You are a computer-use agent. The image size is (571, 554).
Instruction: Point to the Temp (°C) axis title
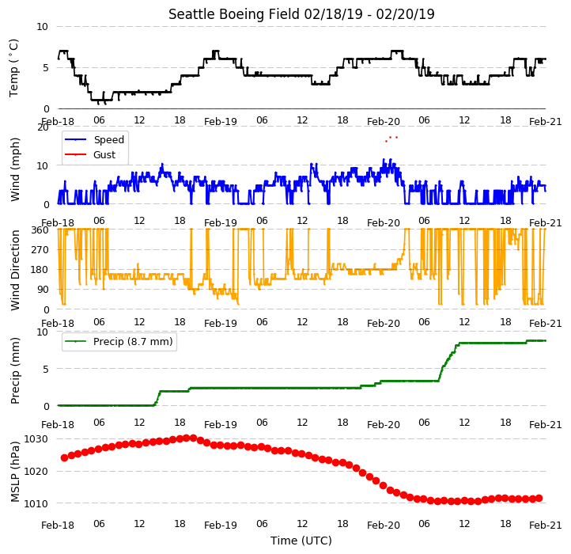13,68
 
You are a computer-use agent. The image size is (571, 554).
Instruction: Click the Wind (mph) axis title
15,169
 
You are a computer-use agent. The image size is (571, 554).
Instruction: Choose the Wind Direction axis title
15,270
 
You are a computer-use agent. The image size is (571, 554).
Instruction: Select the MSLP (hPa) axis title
14,472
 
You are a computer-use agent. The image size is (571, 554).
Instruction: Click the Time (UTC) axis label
301,541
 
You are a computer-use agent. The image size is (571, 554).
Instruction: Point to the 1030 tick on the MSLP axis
36,438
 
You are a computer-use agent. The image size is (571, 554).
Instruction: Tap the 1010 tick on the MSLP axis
36,503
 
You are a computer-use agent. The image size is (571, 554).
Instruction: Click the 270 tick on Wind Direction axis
40,250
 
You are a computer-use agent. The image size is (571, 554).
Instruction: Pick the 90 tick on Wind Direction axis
43,290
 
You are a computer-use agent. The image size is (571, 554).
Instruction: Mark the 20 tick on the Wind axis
43,127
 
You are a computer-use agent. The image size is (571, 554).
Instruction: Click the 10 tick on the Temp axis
42,27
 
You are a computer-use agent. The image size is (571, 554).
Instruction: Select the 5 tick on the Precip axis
46,370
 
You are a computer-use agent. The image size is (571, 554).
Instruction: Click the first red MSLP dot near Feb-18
65,457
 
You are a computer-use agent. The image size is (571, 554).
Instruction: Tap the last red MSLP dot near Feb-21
539,499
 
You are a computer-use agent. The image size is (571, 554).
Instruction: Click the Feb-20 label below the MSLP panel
383,526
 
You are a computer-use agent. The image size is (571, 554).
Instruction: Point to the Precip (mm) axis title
15,370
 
